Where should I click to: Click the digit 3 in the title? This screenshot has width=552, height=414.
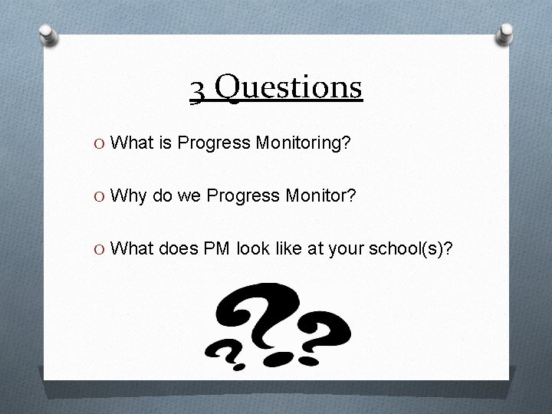click(198, 89)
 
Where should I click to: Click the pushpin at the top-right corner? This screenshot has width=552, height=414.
click(505, 33)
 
